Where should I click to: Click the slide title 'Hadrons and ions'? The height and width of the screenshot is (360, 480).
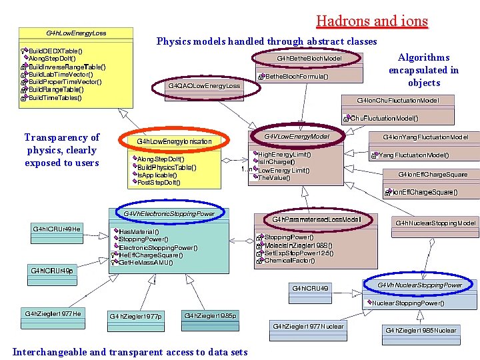point(372,21)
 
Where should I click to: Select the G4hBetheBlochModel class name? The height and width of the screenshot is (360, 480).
point(309,59)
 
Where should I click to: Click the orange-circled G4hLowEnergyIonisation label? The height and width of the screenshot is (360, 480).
point(174,141)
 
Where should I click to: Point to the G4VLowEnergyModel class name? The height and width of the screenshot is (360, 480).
point(297,137)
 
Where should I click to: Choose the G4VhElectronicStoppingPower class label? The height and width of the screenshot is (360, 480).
point(169,214)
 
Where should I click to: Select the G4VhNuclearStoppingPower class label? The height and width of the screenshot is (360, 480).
point(419,285)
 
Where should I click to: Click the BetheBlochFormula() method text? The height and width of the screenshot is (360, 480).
point(297,77)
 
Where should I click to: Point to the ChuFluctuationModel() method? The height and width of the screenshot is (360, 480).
point(385,118)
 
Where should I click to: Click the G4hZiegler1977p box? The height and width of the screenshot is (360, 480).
point(135,316)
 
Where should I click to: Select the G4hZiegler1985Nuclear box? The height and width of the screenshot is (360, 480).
point(421,330)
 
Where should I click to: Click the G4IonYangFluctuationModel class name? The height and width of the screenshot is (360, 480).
point(430,137)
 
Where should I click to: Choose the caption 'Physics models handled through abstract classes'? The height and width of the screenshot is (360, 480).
point(267,41)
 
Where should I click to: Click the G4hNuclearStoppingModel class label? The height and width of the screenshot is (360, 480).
point(435,223)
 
